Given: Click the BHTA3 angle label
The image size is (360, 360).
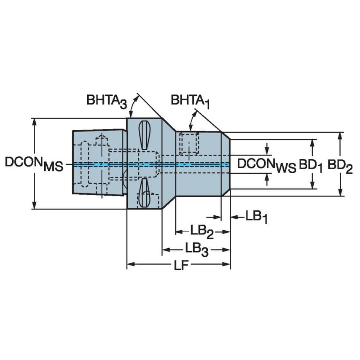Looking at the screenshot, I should click(106, 101).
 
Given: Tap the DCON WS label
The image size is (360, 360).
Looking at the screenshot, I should click(266, 165).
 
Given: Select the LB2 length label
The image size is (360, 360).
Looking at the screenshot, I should click(201, 231).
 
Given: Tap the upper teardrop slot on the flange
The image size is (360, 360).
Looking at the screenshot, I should click(144, 134).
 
